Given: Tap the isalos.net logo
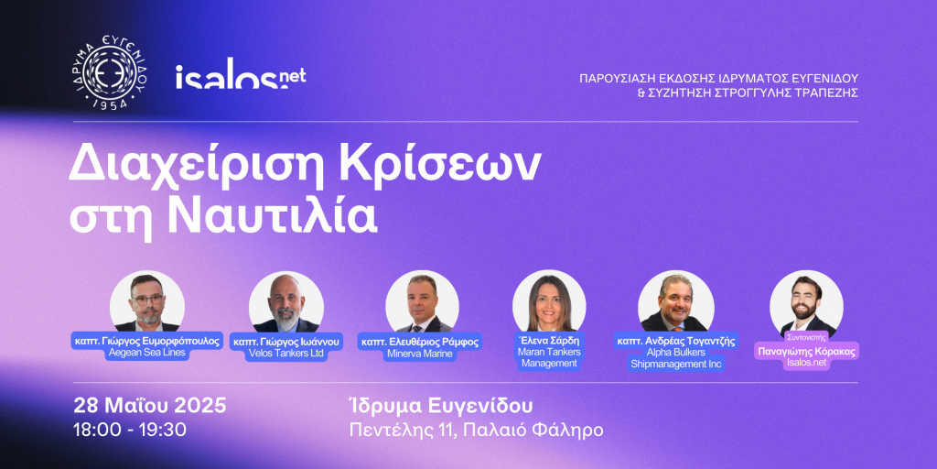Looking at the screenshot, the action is pos(241,79).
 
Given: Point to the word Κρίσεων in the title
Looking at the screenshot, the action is pos(428,165).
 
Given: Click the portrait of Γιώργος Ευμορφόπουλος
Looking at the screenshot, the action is pos(147,303).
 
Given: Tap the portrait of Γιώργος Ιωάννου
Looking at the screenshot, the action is pos(286,302).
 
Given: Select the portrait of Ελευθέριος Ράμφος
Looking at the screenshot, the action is pos(423,302).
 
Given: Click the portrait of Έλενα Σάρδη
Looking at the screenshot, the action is pos(549,302).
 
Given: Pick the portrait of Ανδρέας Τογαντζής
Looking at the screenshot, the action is pos(676,302).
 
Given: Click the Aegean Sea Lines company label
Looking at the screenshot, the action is pos(147,353).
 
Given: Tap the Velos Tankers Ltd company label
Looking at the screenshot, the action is pos(286,354).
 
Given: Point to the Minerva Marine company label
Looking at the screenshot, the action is pos(421,354).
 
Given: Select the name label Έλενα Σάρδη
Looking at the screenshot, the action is pos(549,341).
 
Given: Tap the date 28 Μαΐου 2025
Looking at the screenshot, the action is pos(150,406).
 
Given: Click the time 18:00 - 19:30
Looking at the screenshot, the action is pos(130,430).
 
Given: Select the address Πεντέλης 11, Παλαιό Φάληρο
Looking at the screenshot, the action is pos(476,431).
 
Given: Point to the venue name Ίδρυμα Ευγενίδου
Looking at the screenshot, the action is pos(440,406).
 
